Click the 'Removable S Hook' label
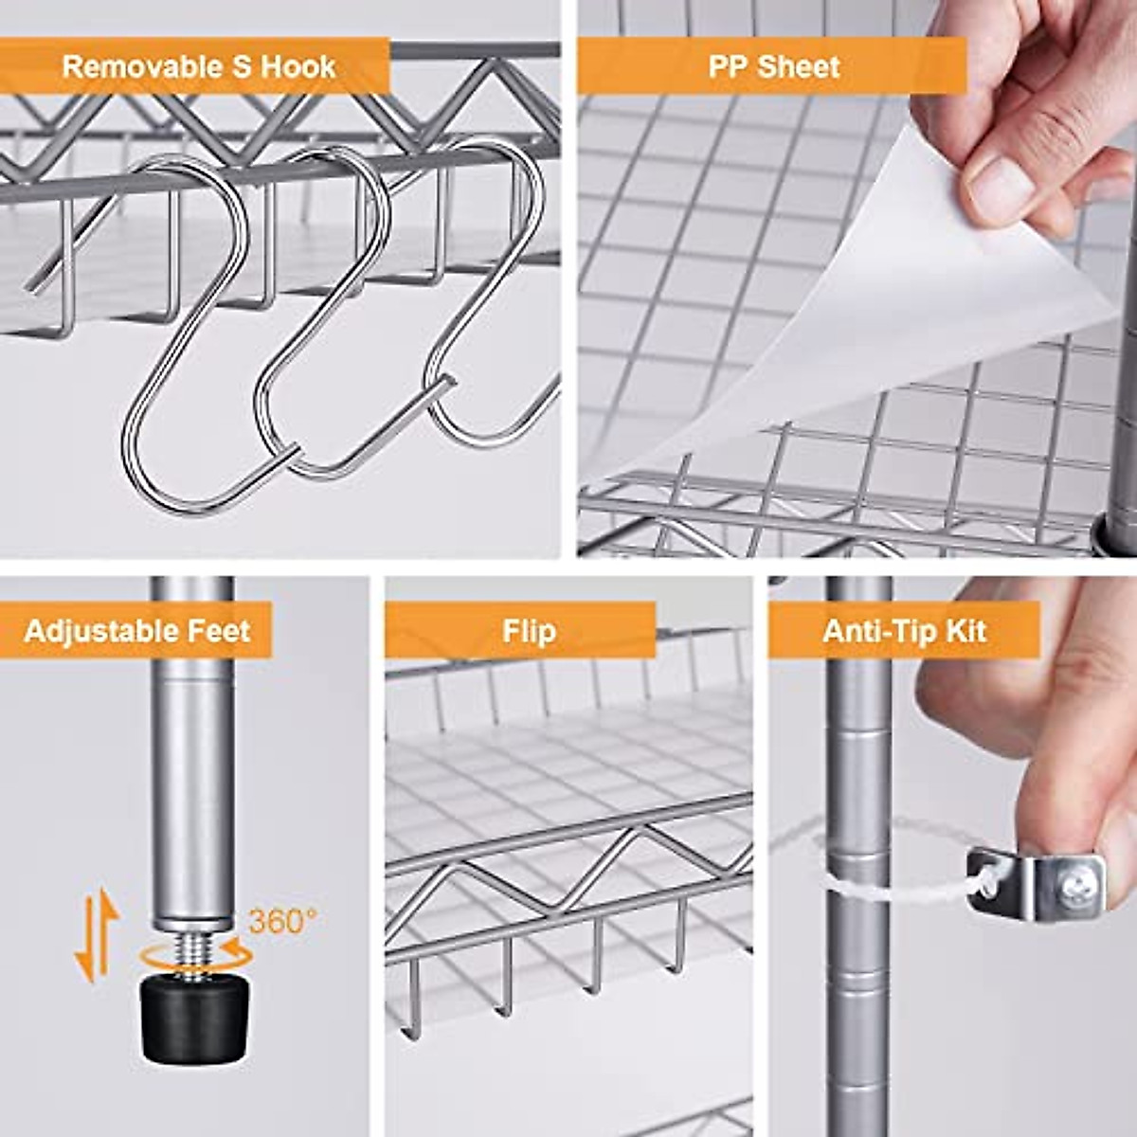tap(198, 67)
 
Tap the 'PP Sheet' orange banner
tap(773, 67)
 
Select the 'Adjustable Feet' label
tap(136, 631)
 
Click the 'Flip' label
tap(528, 631)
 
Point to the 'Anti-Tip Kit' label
tap(904, 631)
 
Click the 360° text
tap(282, 921)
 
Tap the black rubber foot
tap(194, 1019)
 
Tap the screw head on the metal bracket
tap(1073, 888)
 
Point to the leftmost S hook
tap(185, 332)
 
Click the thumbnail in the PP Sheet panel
tap(990, 175)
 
